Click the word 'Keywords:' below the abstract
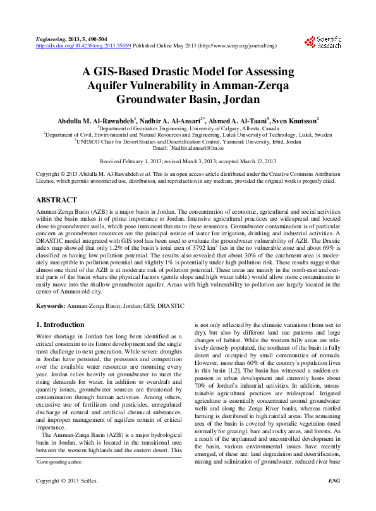(51, 305)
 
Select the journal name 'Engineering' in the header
(51, 39)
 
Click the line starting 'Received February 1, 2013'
(188, 162)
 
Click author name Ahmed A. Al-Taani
(235, 120)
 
